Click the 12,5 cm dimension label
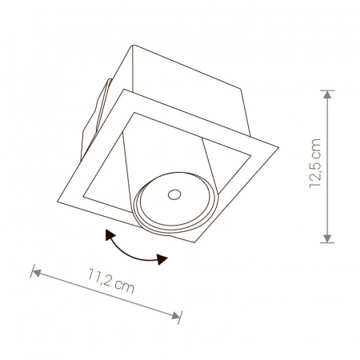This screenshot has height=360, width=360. (x=314, y=163)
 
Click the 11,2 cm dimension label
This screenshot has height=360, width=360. (x=111, y=281)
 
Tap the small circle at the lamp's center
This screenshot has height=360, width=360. (x=174, y=194)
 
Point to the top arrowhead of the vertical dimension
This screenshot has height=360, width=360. (x=327, y=94)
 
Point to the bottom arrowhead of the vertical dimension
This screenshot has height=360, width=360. (x=327, y=238)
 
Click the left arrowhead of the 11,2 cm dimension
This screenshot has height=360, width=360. (x=37, y=272)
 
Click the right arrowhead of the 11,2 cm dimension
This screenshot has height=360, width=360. (x=176, y=315)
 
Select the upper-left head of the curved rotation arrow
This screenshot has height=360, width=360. (x=110, y=234)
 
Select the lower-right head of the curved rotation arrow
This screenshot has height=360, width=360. (x=162, y=259)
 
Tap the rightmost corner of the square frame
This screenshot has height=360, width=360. (x=278, y=147)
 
